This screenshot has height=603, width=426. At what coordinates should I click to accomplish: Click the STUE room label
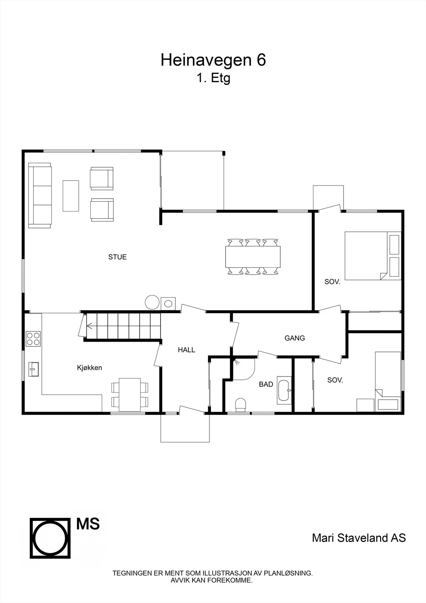tap(118, 257)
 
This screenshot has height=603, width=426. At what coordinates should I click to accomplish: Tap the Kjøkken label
tap(89, 367)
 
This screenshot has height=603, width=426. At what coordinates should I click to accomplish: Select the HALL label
tap(186, 350)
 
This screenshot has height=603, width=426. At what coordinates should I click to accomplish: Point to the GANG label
tap(295, 338)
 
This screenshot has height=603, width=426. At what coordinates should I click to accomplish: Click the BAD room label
tap(266, 384)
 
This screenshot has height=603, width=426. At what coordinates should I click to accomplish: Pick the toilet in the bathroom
tap(241, 405)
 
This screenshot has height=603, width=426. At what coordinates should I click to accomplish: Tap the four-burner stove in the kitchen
tap(33, 339)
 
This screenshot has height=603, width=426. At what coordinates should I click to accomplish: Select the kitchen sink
tap(34, 369)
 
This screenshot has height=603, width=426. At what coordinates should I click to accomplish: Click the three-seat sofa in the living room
tap(40, 196)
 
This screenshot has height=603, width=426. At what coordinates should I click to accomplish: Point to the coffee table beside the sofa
tap(71, 196)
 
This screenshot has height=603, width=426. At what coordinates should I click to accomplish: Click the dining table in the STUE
tap(253, 257)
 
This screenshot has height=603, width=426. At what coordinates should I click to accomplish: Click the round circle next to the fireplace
tap(152, 302)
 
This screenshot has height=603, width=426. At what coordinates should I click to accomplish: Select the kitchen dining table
tap(130, 395)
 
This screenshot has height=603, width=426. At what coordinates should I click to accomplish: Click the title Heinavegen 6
tap(213, 60)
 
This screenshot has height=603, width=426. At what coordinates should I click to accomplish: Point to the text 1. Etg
tap(213, 78)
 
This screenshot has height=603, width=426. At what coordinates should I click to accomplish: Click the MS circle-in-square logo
tap(50, 538)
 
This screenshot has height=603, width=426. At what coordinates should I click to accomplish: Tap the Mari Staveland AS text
tap(359, 537)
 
